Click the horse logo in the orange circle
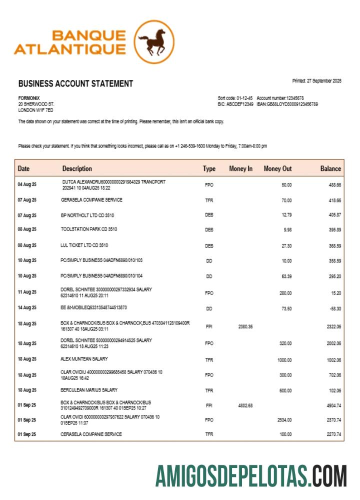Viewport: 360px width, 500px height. (x=154, y=42)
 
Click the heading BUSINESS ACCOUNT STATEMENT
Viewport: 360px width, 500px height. (x=75, y=84)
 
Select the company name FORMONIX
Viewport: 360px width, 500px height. (x=29, y=98)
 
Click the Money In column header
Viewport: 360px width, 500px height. (x=240, y=169)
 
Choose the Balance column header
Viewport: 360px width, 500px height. (x=330, y=169)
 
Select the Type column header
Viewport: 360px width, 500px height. (x=209, y=169)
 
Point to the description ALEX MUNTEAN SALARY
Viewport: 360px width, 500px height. (x=84, y=359)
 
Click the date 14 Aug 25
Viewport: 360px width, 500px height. (x=27, y=308)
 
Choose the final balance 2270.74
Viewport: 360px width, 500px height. (x=333, y=434)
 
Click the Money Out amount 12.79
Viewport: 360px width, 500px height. (x=286, y=215)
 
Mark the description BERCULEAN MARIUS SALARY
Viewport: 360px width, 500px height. (x=89, y=390)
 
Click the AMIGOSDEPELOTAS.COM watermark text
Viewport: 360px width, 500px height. (x=250, y=475)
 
